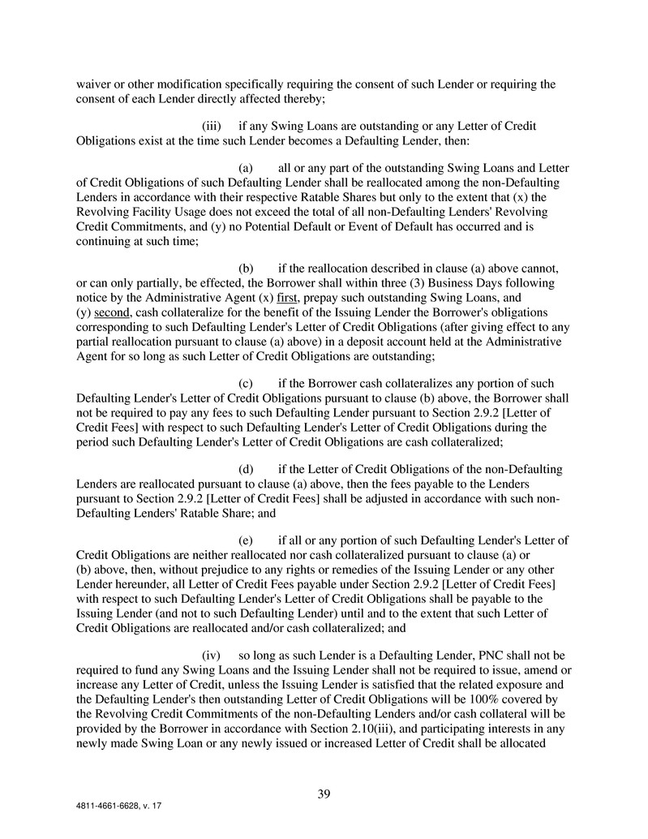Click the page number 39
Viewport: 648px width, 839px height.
pyautogui.click(x=324, y=794)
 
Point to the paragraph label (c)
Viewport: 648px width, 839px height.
pyautogui.click(x=246, y=383)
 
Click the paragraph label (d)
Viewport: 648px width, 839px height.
pyautogui.click(x=246, y=469)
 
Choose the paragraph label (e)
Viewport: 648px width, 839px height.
pyautogui.click(x=246, y=540)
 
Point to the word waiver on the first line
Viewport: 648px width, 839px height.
pyautogui.click(x=94, y=84)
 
